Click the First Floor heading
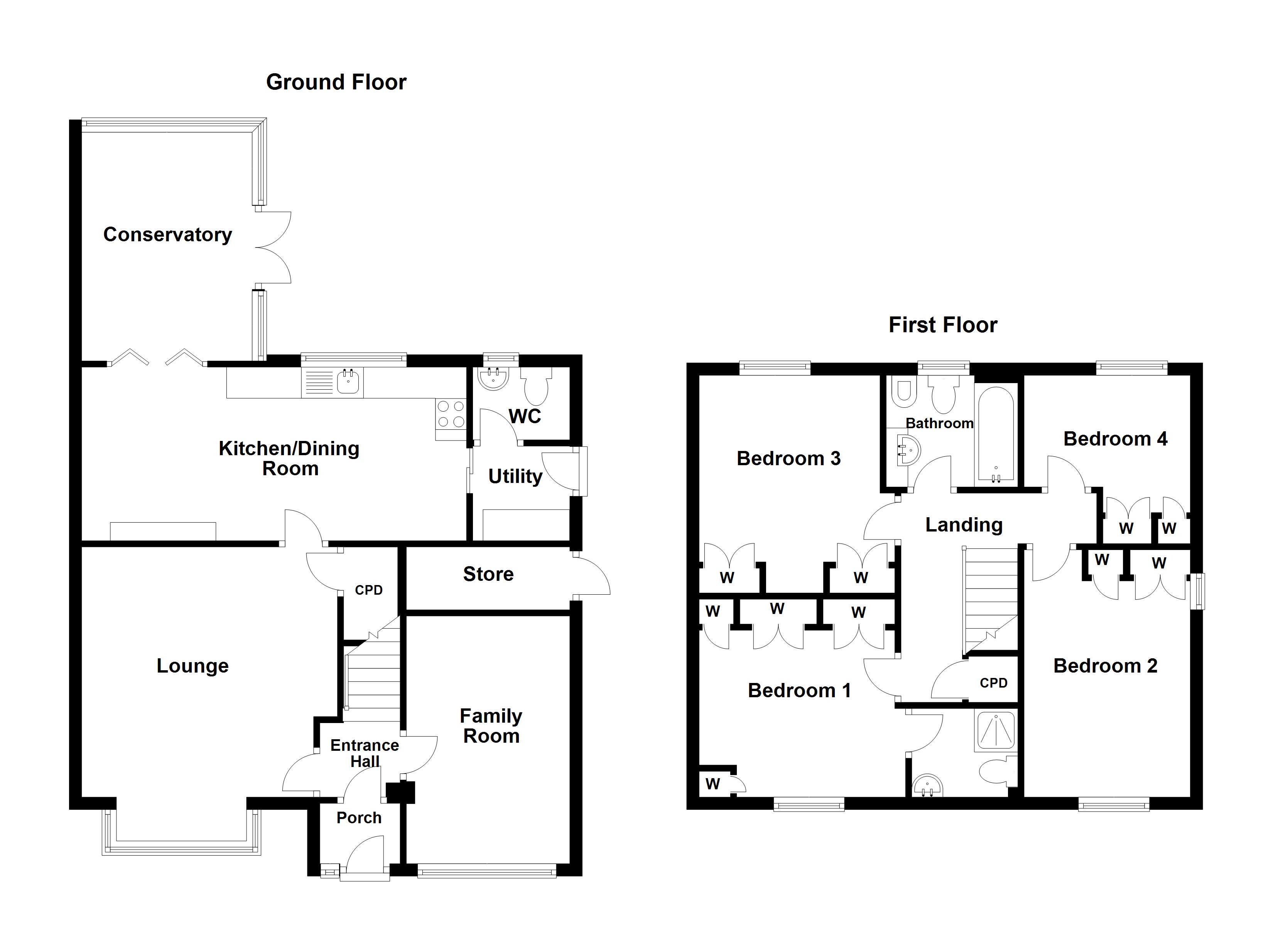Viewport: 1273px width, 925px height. tap(942, 325)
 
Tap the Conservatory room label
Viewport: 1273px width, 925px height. tap(167, 234)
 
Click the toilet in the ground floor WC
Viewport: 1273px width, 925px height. tap(537, 387)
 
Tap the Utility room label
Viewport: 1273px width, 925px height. tap(515, 477)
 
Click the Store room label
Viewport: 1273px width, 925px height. tap(488, 574)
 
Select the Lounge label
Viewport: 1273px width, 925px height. tap(192, 666)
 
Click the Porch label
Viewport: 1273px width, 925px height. tap(359, 818)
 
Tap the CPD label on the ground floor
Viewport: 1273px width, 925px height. tap(369, 590)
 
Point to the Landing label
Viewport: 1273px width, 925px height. tap(964, 525)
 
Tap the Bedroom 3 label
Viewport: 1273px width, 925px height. tap(788, 459)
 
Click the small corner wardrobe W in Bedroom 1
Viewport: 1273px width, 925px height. tap(713, 784)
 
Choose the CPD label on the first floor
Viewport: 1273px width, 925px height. tap(993, 683)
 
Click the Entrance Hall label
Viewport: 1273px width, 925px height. tap(365, 753)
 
